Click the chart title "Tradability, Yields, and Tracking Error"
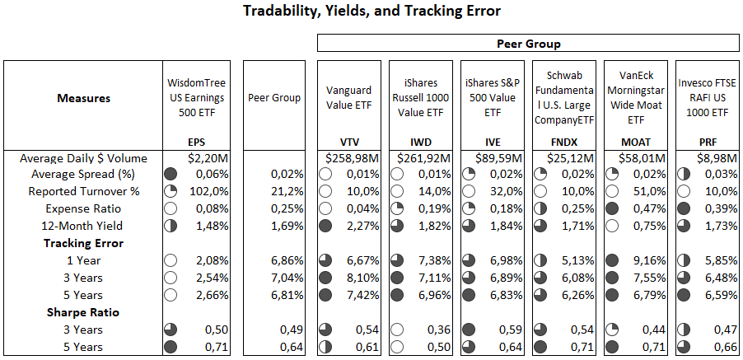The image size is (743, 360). (x=371, y=11)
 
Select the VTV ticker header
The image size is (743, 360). (x=348, y=142)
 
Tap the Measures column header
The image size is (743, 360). (x=83, y=98)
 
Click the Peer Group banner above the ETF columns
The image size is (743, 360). (x=528, y=43)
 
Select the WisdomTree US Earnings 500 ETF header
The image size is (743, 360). (x=196, y=98)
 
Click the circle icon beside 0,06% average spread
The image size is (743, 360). (x=171, y=174)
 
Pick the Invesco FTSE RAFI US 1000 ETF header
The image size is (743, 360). (x=706, y=98)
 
